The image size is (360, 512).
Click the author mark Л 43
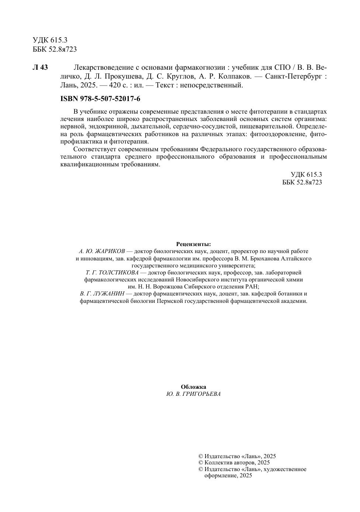pos(40,68)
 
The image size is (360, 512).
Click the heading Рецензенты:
pos(194,244)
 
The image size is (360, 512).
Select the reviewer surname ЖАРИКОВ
pos(110,251)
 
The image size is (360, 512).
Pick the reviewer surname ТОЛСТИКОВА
pos(118,273)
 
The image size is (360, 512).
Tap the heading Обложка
pos(194,387)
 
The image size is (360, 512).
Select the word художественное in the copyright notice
pos(286,469)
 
